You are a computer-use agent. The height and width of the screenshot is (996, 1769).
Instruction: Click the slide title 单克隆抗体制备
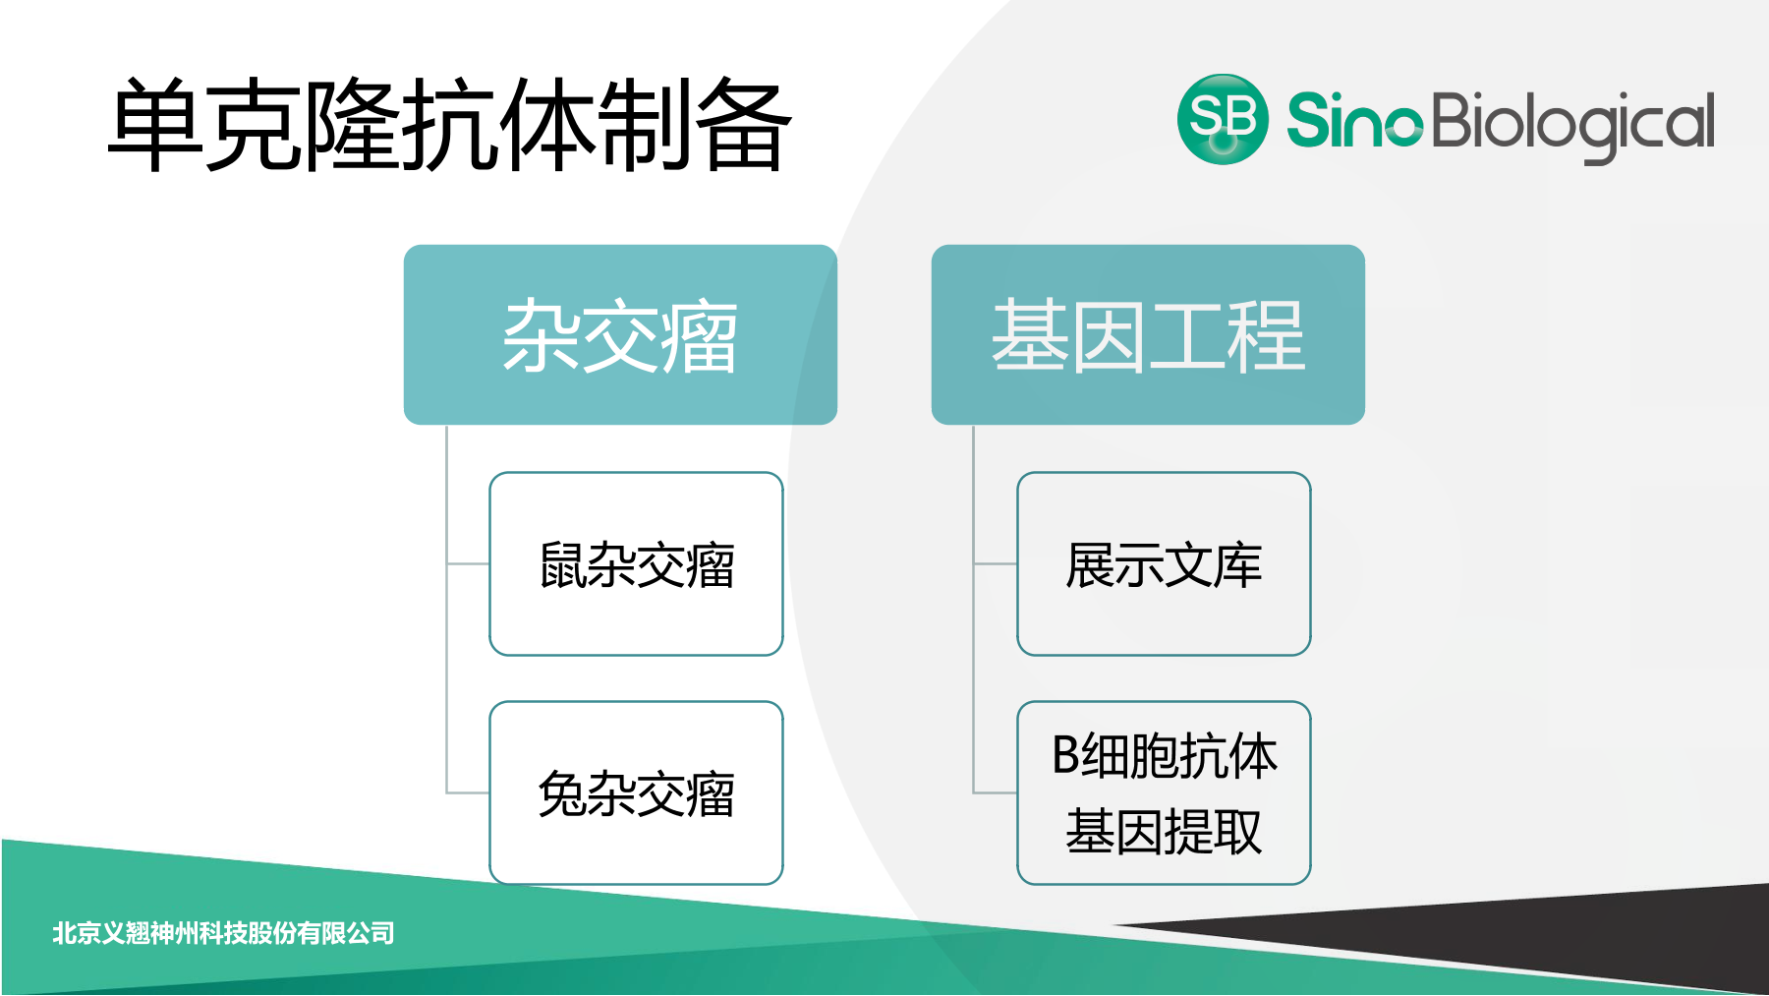[449, 126]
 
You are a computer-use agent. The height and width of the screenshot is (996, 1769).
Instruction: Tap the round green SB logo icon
[1222, 119]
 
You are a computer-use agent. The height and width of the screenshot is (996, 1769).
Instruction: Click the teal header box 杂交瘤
[620, 334]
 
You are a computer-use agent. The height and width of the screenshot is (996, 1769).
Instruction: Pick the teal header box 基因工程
[1148, 334]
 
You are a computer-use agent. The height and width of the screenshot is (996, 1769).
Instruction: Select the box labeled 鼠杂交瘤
[636, 563]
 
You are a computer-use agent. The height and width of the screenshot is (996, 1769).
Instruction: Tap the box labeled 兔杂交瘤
[636, 792]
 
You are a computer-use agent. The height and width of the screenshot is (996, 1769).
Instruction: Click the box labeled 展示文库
[1164, 563]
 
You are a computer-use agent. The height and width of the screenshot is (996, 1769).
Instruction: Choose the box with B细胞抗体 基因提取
[1164, 792]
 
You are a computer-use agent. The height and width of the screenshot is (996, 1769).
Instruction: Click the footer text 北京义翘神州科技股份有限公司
[223, 932]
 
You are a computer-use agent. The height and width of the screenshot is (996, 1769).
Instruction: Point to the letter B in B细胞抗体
[1065, 756]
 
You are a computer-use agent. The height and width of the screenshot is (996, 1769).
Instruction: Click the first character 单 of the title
[155, 126]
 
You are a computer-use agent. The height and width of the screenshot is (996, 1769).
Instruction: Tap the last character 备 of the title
[743, 126]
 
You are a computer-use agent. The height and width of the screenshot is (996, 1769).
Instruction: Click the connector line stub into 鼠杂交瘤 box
[468, 563]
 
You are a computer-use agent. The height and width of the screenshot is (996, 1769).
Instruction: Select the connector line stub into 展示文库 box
[995, 563]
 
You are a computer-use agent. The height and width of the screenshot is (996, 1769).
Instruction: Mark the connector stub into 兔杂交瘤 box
[468, 792]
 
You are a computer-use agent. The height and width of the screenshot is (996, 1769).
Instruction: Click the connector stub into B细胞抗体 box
[995, 792]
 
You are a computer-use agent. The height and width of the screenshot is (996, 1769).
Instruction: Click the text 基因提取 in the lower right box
[1164, 832]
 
